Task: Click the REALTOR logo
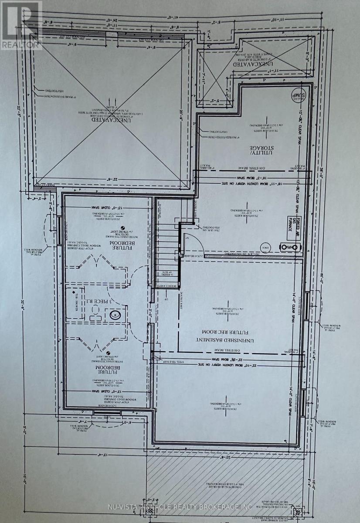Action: (x=20, y=24)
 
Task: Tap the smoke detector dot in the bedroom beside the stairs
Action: (x=122, y=228)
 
